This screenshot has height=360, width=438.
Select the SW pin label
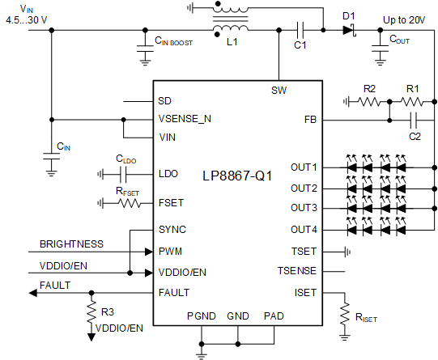click(x=279, y=91)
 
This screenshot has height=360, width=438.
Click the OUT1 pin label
click(x=304, y=167)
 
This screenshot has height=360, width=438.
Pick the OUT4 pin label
click(x=304, y=229)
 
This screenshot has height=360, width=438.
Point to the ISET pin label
click(x=307, y=292)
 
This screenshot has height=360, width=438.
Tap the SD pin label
click(x=165, y=102)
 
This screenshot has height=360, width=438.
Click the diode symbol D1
click(x=349, y=31)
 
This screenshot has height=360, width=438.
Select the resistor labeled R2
click(x=371, y=102)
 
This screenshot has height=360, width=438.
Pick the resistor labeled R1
click(x=412, y=102)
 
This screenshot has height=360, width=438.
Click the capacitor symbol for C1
click(x=300, y=31)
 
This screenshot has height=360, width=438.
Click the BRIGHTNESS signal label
click(x=71, y=243)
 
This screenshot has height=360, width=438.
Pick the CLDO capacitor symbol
click(x=125, y=174)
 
